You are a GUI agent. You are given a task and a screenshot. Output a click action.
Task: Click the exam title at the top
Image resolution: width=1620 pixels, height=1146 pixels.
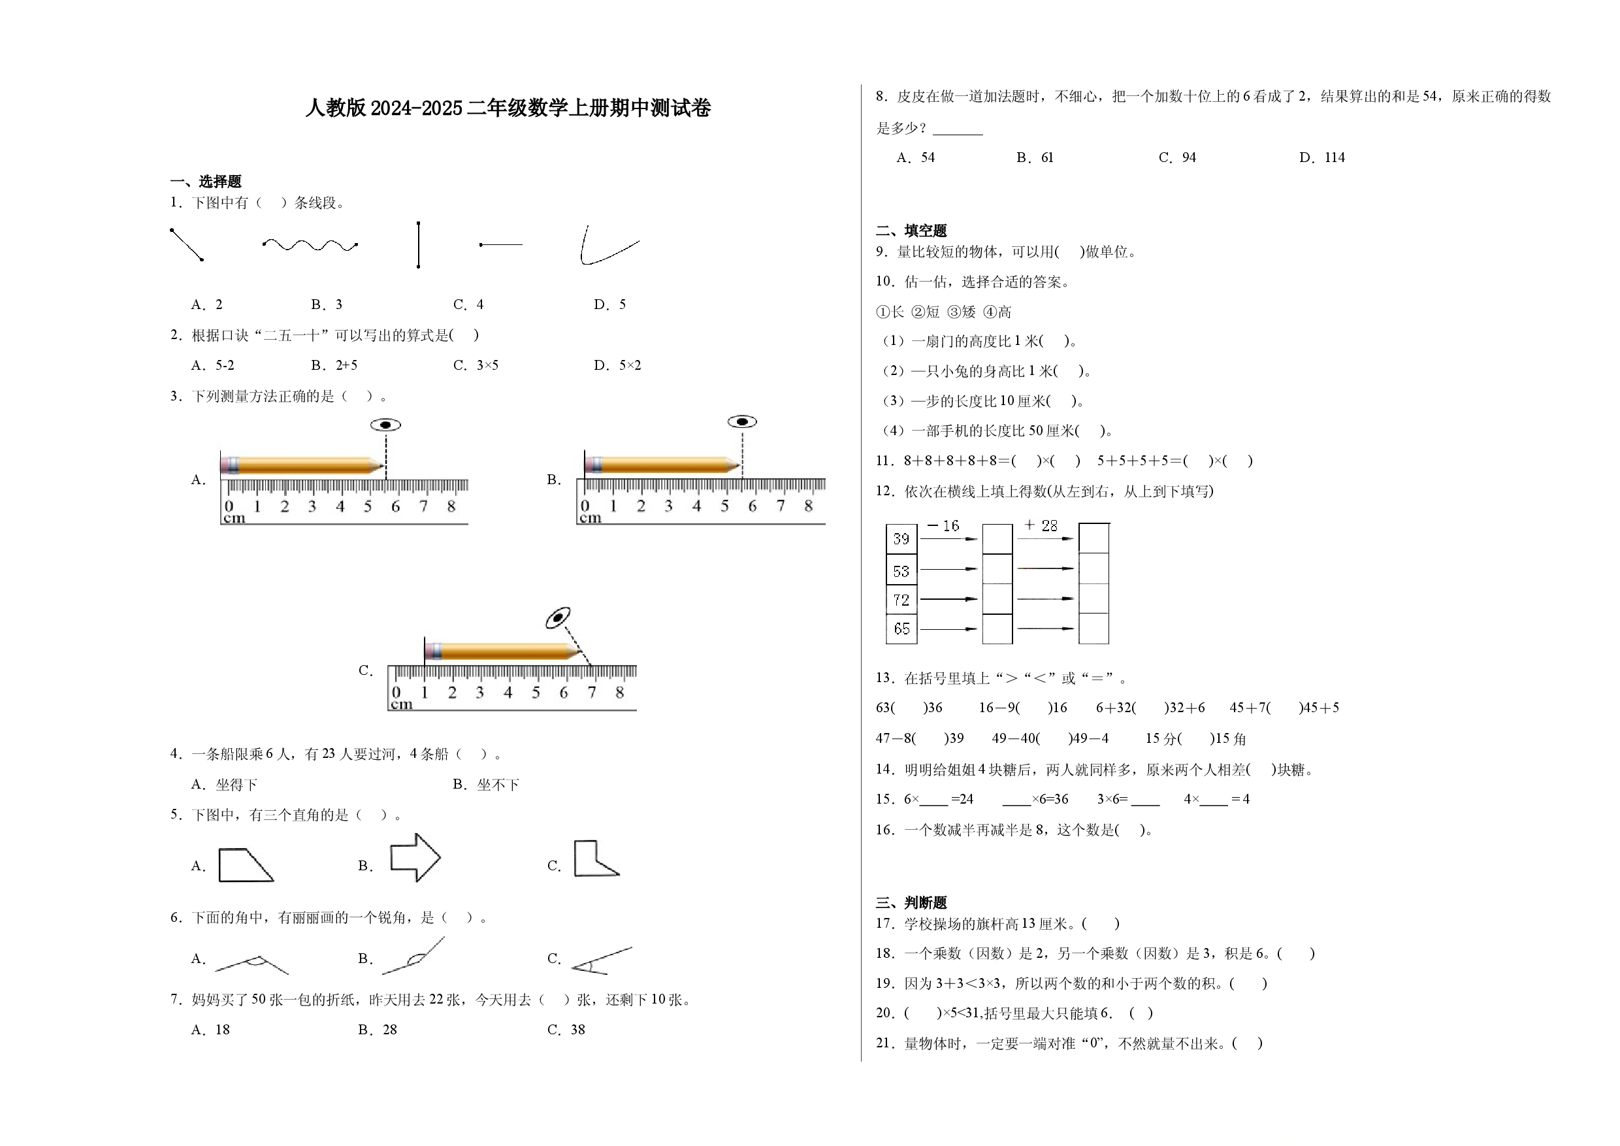508,108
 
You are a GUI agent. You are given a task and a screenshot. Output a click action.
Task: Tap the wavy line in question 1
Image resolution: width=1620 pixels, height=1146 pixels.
310,245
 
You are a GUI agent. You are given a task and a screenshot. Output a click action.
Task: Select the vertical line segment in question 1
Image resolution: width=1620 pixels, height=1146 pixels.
419,245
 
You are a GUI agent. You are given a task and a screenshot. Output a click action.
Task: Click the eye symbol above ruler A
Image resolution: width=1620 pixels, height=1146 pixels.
385,425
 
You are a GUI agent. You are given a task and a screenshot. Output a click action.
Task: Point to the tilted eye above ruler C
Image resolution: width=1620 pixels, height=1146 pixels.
558,617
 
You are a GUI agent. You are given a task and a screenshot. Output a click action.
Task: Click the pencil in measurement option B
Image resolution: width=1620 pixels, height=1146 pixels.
662,465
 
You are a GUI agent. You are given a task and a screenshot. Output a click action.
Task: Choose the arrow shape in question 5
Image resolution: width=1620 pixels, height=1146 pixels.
415,857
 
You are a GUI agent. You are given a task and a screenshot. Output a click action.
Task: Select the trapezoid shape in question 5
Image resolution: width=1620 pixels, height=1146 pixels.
246,865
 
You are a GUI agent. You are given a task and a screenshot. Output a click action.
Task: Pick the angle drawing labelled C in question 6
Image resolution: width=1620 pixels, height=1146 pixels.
601,961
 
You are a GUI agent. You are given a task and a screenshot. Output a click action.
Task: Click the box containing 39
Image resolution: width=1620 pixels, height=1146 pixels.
901,539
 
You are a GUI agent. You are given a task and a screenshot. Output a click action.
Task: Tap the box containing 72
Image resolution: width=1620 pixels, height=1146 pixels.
901,600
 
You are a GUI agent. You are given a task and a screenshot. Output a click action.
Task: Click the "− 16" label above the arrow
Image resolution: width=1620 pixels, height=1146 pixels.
943,526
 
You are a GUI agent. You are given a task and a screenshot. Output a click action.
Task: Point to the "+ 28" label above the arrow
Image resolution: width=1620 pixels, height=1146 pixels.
1041,526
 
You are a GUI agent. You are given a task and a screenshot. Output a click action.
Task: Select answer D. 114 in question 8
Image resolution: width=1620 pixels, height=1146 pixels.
1322,157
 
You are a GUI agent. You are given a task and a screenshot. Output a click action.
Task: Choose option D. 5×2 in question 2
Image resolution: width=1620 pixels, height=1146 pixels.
617,365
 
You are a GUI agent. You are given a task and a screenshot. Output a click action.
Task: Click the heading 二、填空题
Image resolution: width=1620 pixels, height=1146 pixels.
912,231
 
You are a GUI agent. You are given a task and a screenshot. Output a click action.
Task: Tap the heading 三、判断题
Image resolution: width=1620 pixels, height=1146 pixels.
912,902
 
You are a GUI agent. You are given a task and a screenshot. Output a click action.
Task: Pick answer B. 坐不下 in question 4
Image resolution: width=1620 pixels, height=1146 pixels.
486,785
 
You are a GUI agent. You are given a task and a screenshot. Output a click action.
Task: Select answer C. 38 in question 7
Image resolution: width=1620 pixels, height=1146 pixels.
566,1030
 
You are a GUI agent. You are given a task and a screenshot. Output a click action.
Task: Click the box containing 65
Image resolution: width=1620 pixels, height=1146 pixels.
901,629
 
